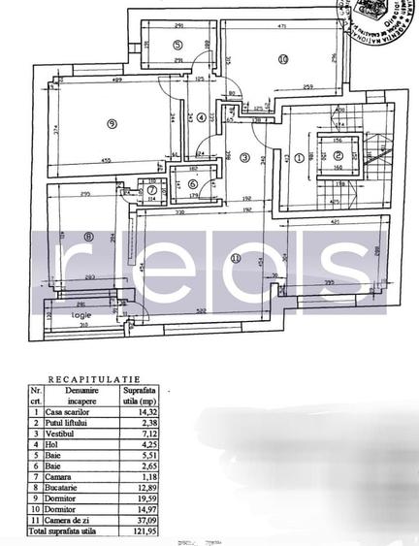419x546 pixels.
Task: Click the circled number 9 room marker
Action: coord(113,123)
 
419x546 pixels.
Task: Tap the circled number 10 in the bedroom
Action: coord(282,59)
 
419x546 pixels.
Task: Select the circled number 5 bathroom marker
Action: coord(177,45)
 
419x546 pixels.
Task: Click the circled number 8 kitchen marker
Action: coord(89,235)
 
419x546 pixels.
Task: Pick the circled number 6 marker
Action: coord(192,184)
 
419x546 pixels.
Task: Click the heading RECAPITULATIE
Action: coord(95,381)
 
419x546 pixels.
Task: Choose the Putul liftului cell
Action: coord(66,423)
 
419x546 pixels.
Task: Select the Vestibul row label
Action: coord(59,435)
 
